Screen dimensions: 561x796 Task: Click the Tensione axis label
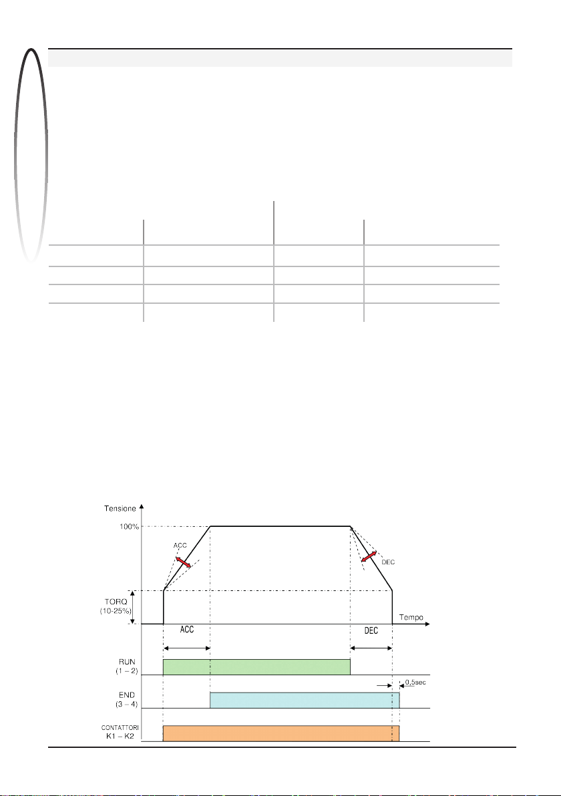(x=120, y=509)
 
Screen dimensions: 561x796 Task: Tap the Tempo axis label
(x=411, y=617)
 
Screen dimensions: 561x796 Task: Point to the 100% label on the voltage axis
(x=129, y=527)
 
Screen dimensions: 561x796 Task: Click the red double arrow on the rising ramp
(x=183, y=562)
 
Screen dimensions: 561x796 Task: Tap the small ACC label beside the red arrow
(x=180, y=546)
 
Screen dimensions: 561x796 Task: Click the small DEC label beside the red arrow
(x=388, y=562)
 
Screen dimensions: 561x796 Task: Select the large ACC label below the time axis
(x=187, y=630)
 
